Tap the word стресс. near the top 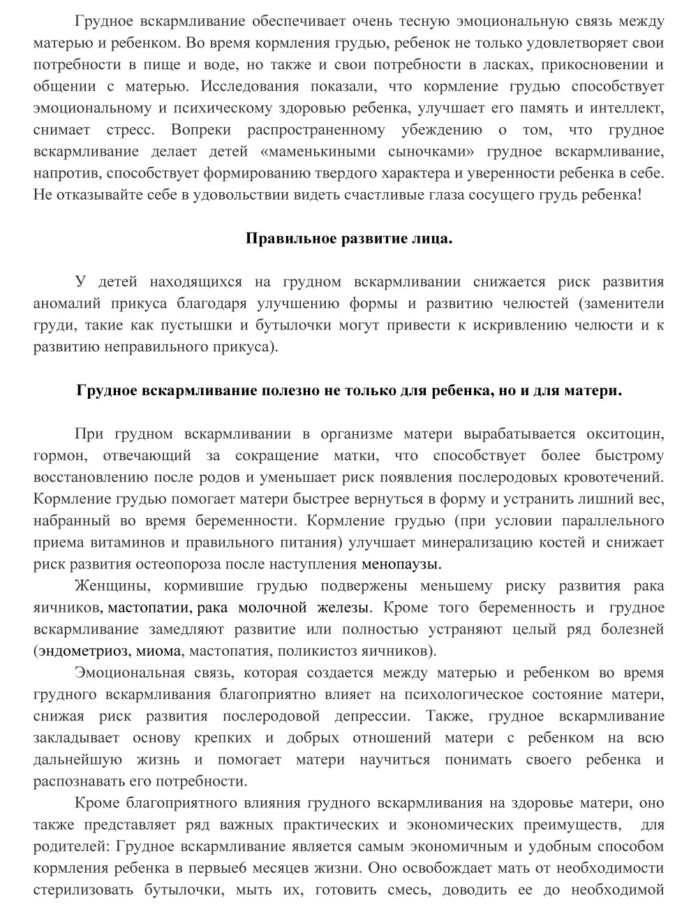click(x=132, y=130)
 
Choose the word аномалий click(x=66, y=304)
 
